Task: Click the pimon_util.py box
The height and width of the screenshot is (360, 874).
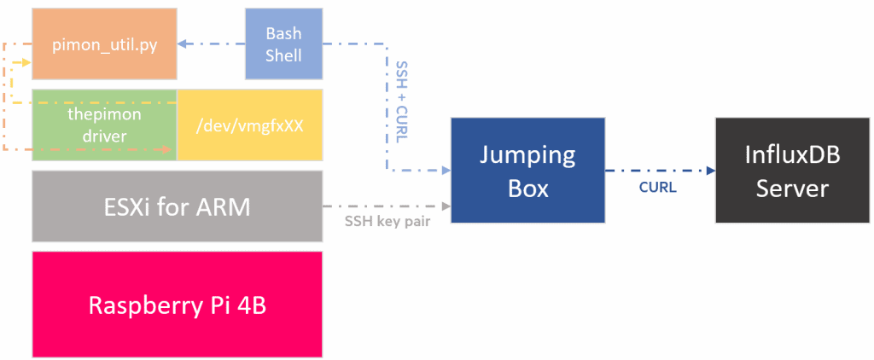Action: coord(104,44)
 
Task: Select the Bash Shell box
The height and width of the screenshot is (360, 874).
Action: coord(283,44)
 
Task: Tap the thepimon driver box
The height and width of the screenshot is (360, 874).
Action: coord(104,125)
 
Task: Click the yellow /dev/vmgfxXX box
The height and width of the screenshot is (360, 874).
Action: coord(249,125)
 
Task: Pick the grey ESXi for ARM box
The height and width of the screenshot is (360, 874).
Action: coord(177,206)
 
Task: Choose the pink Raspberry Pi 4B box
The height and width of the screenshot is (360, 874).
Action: coord(177,305)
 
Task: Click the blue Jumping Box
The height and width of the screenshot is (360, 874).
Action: coord(527,171)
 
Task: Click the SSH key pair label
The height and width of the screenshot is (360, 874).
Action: coord(386,221)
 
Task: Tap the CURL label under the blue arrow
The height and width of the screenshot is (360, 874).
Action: coord(657,187)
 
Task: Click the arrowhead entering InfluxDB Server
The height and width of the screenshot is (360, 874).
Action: coord(711,171)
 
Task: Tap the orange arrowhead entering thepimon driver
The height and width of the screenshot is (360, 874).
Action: coord(171,149)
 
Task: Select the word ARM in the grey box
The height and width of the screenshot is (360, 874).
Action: coord(220,206)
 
